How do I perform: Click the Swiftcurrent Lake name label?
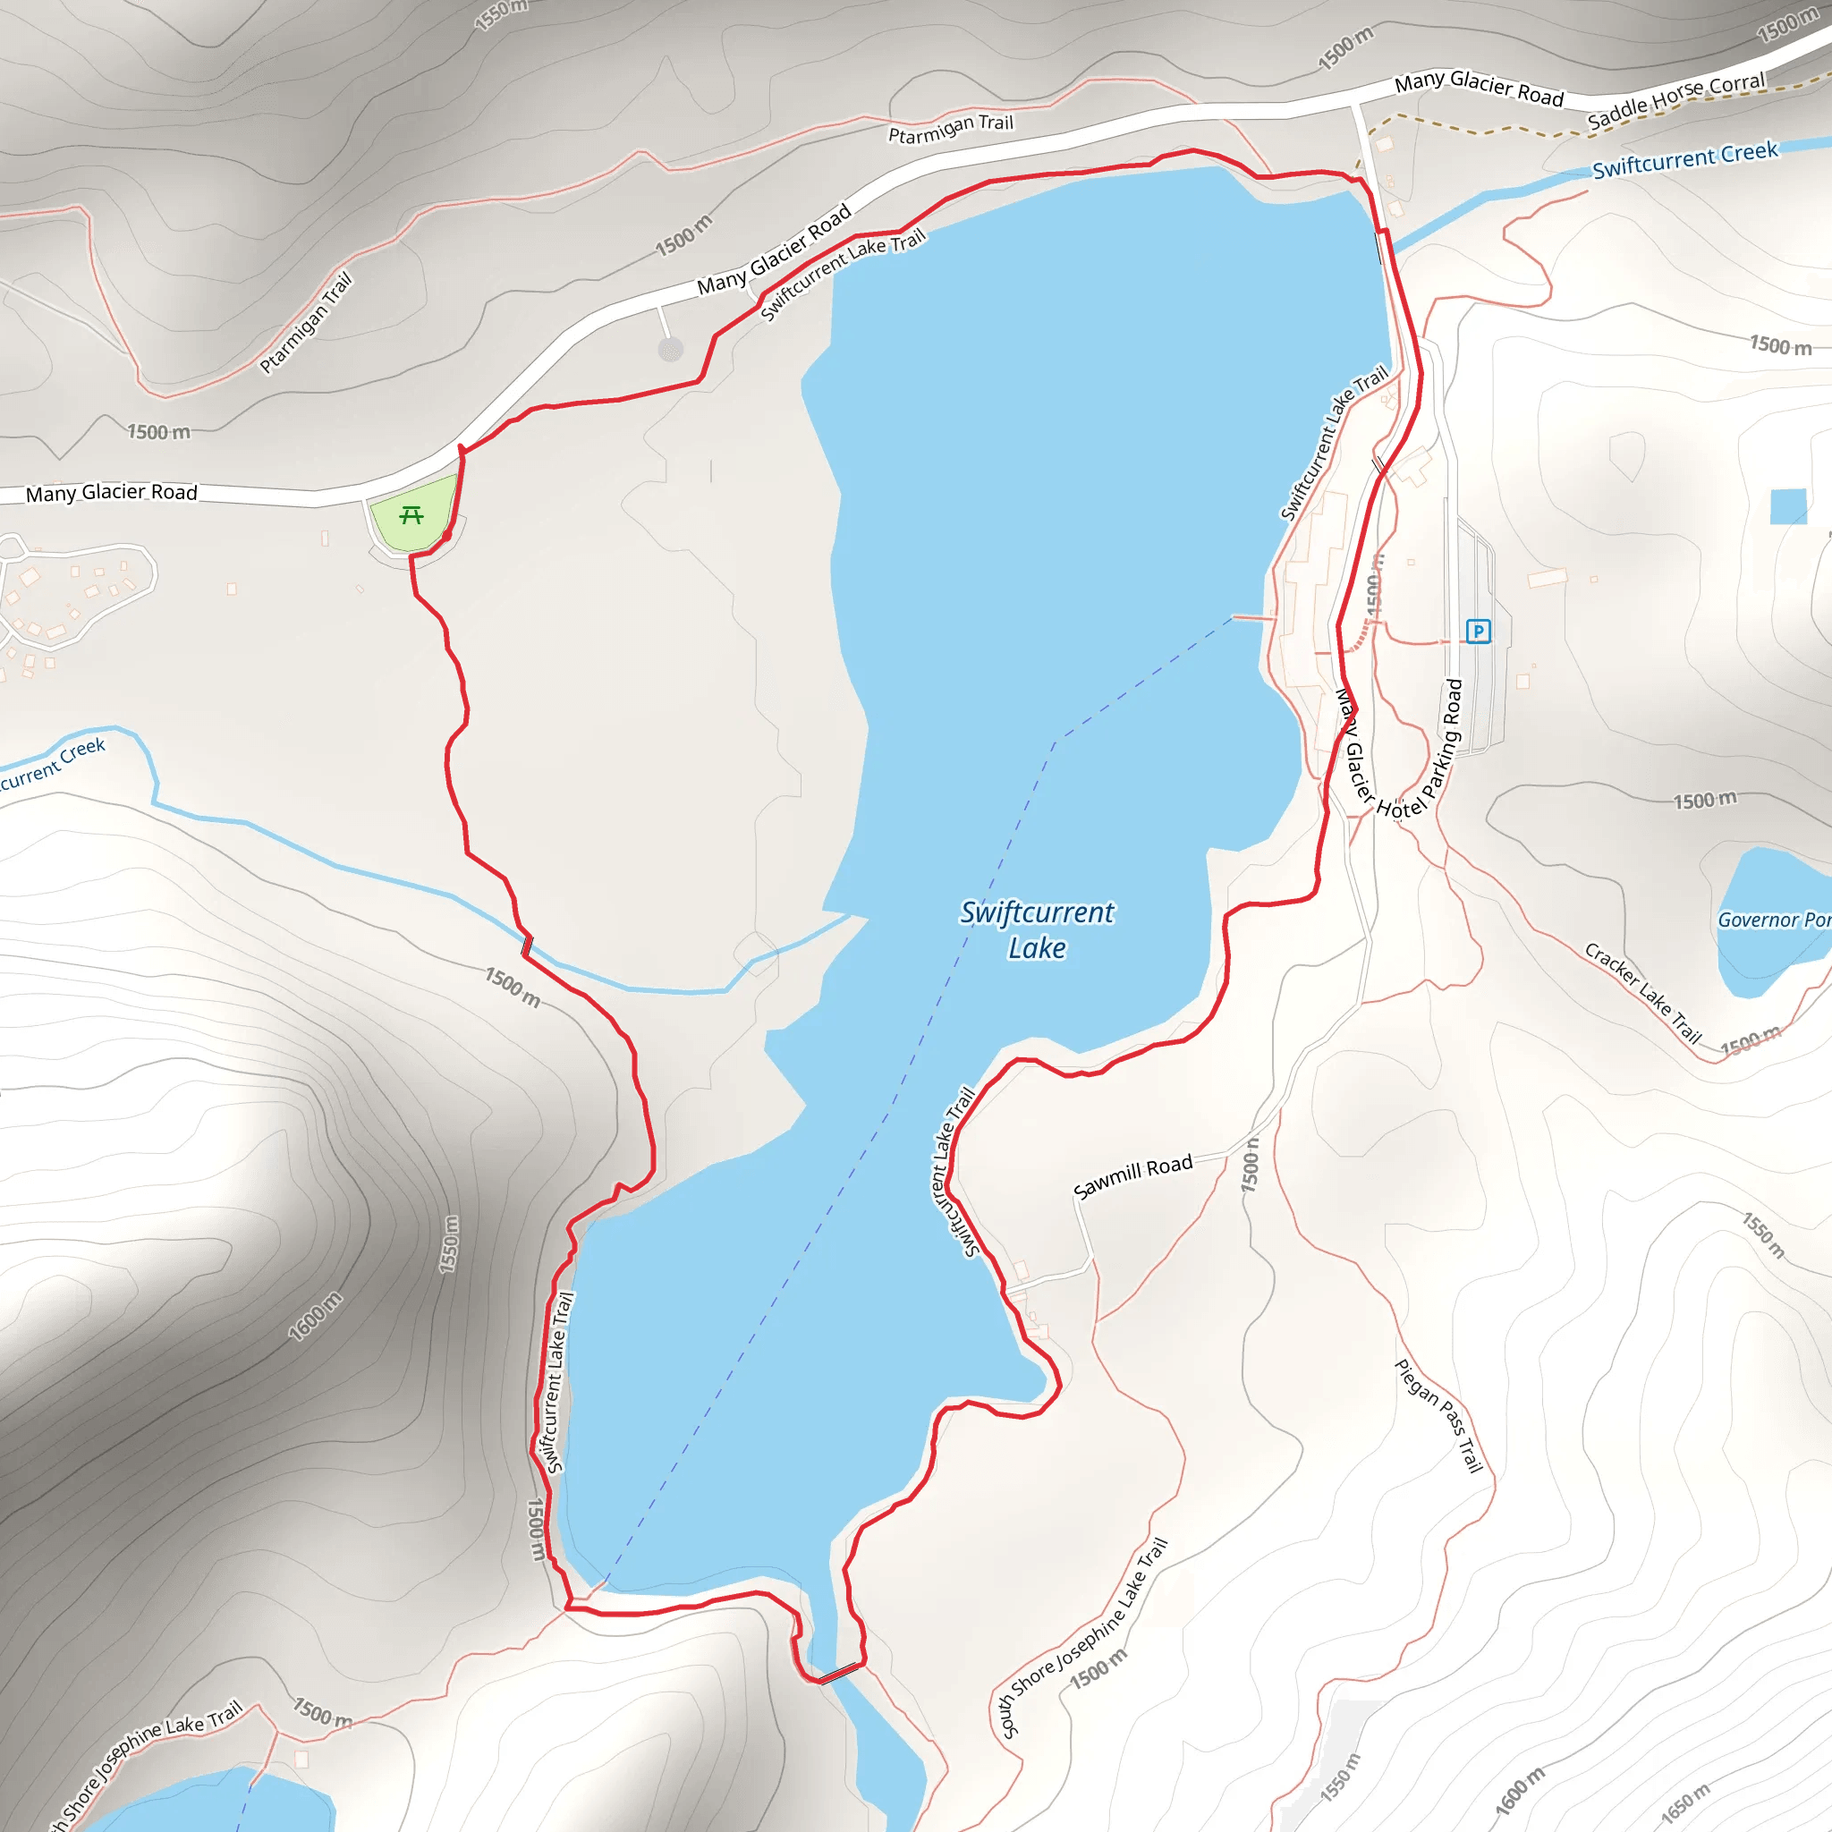[x=1037, y=929]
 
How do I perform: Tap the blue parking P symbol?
[x=1478, y=631]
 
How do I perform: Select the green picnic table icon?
[x=411, y=515]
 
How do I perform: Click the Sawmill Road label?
[x=1132, y=1177]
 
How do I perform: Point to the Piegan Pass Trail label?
[x=1438, y=1416]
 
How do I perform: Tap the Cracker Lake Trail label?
[x=1643, y=993]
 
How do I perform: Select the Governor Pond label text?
[x=1773, y=920]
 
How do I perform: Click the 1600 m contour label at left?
[x=316, y=1316]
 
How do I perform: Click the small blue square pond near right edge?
[x=1788, y=506]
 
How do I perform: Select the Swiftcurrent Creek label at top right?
[x=1684, y=160]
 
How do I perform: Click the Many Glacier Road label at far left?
[x=112, y=492]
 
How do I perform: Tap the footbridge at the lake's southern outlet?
[x=840, y=1673]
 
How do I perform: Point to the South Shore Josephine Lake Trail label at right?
[x=1084, y=1638]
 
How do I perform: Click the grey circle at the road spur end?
[x=670, y=350]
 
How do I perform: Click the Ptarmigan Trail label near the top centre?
[x=950, y=129]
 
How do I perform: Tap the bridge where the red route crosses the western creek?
[x=527, y=946]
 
